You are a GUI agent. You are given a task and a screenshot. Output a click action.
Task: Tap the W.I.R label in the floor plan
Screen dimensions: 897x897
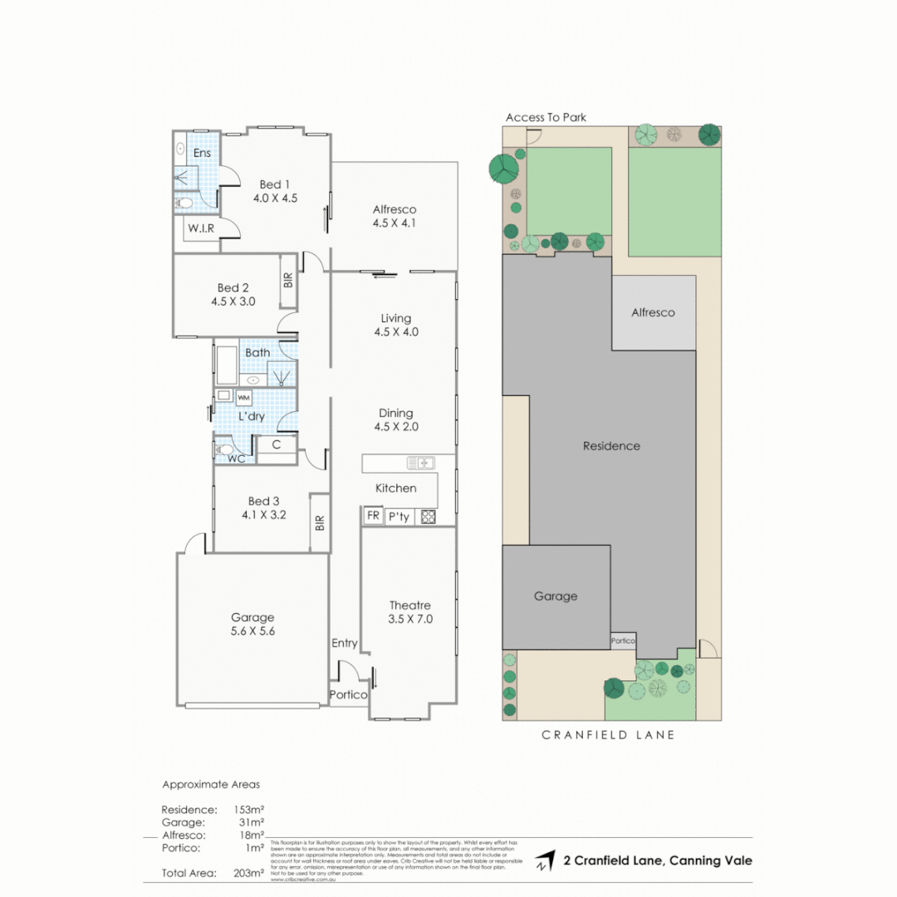[x=201, y=228]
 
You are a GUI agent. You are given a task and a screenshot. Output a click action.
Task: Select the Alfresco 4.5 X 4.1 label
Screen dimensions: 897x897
[x=395, y=216]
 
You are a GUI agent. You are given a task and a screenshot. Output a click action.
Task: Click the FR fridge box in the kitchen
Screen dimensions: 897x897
[x=373, y=517]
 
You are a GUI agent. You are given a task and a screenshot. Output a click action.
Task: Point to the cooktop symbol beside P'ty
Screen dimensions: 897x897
[x=428, y=517]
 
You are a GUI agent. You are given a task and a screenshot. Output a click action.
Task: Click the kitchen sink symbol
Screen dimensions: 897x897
[x=419, y=463]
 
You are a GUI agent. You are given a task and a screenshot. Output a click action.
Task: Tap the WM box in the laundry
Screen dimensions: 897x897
[x=245, y=397]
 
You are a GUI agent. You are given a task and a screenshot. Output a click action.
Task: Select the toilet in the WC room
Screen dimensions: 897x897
[x=224, y=449]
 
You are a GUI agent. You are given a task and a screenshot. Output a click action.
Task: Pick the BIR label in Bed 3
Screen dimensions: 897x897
[x=320, y=523]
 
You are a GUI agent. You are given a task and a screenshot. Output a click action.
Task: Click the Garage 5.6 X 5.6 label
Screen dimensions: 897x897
[x=252, y=624]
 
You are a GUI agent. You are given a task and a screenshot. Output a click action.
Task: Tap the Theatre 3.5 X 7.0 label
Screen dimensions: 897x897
[x=410, y=612]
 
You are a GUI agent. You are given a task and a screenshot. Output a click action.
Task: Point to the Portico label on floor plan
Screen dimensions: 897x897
[x=348, y=695]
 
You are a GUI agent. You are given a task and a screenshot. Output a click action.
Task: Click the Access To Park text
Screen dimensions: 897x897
[x=546, y=118]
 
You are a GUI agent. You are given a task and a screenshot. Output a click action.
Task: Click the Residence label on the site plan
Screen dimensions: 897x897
[x=611, y=446]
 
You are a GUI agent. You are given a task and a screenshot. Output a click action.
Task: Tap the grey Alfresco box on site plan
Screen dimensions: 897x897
[x=654, y=313]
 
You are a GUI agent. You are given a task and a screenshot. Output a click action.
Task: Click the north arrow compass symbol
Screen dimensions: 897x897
[x=545, y=860]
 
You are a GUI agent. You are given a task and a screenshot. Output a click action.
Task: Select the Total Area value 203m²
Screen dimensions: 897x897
[x=249, y=873]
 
